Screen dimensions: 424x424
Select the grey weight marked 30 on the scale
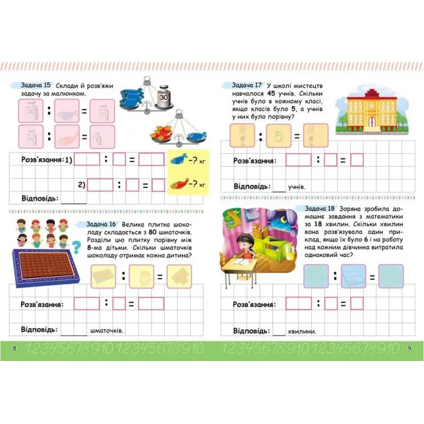point(164,96)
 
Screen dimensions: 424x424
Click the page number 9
point(409,348)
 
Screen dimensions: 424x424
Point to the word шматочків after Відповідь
point(107,331)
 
